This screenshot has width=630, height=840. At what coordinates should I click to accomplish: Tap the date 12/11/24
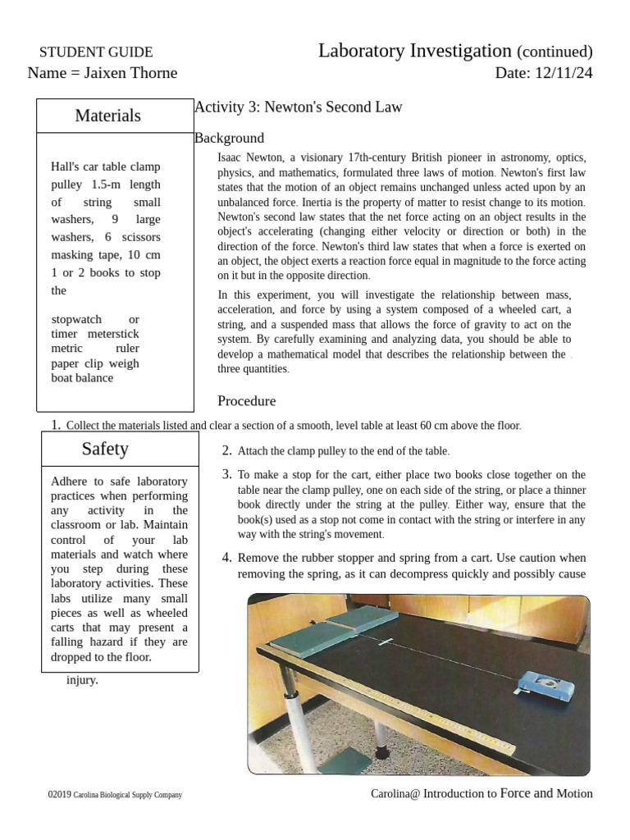(563, 73)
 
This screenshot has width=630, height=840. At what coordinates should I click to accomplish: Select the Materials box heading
(108, 116)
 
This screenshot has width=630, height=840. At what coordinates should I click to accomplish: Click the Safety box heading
(105, 449)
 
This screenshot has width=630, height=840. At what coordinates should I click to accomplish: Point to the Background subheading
(230, 138)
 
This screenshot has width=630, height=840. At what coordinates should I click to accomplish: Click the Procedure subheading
(246, 401)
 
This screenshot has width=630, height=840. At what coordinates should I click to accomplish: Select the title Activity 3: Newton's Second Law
(299, 107)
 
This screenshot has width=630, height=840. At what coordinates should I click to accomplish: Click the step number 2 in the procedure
(227, 450)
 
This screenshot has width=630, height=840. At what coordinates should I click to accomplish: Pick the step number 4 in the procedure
(227, 558)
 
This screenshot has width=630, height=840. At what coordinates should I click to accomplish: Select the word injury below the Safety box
(82, 680)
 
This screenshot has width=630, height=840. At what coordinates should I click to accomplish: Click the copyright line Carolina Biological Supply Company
(127, 795)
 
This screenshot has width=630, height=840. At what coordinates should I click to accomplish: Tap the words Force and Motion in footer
(546, 793)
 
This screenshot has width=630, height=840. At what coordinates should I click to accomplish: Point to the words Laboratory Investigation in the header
(415, 51)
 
